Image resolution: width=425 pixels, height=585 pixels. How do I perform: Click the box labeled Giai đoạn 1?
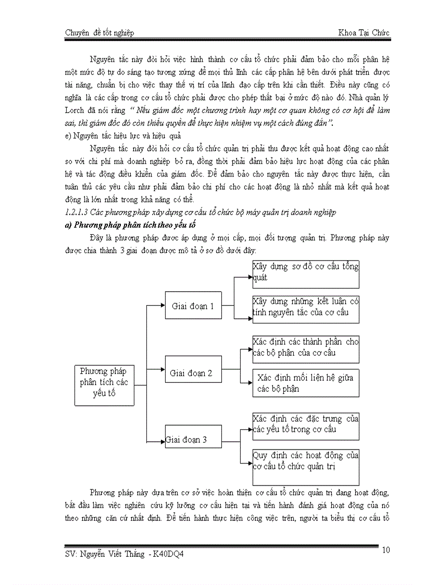[193, 306]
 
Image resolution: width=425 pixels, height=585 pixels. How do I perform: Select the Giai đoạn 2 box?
[191, 373]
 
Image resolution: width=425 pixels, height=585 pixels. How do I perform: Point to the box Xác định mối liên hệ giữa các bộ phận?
[305, 383]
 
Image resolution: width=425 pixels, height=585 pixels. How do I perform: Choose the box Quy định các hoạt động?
[305, 460]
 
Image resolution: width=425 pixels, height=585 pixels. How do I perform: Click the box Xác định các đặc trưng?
[305, 424]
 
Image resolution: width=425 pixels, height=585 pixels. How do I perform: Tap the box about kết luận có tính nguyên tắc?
[305, 307]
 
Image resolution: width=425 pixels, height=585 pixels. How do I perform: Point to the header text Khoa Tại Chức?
[363, 33]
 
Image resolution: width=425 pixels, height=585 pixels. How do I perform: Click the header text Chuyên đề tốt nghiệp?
[99, 33]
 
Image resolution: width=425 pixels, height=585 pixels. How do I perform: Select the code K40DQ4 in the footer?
[168, 554]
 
